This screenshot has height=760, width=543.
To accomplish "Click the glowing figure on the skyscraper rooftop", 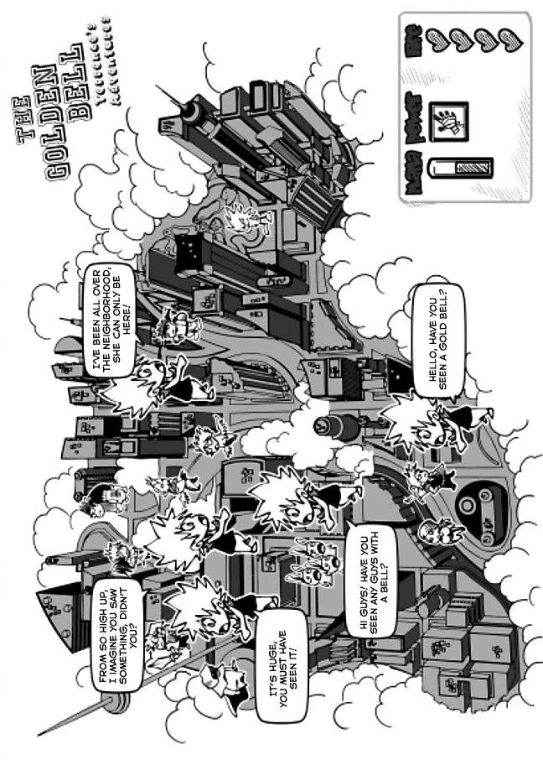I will (x=246, y=218).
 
